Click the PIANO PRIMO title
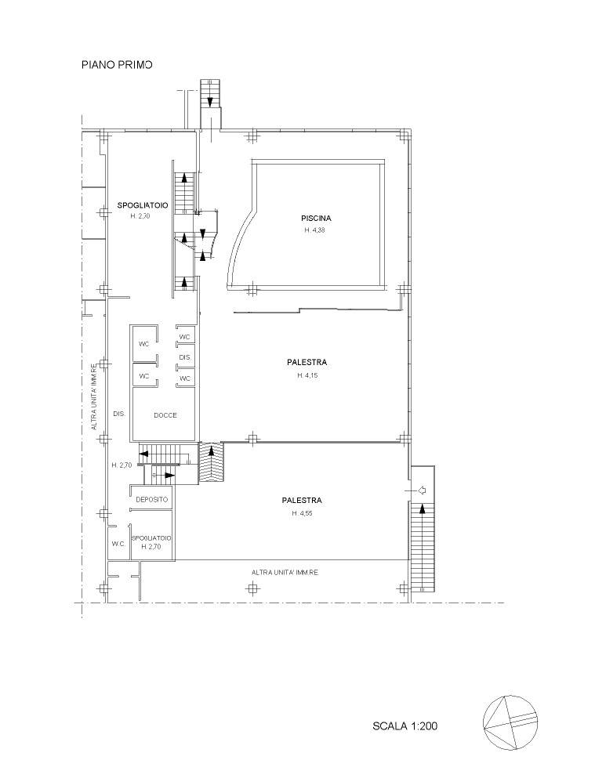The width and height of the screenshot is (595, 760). click(x=117, y=64)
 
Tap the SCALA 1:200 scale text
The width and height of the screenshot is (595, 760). click(x=405, y=726)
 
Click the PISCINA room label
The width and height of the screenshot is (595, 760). click(x=316, y=219)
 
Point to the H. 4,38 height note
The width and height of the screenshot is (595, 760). click(x=314, y=230)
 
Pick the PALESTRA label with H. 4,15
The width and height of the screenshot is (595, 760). click(x=307, y=362)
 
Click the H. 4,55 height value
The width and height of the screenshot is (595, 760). click(x=302, y=513)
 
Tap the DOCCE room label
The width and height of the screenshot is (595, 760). click(x=165, y=415)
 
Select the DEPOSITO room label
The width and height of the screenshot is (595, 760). click(x=152, y=499)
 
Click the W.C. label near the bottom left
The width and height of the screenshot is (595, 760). click(x=118, y=544)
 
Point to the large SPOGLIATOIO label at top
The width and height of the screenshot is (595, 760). click(x=143, y=205)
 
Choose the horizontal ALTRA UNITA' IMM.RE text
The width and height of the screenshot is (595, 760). click(x=285, y=573)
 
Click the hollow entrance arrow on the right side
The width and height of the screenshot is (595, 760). click(x=422, y=490)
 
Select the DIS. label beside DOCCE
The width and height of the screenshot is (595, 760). click(x=119, y=414)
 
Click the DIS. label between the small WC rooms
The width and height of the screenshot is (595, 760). click(x=185, y=358)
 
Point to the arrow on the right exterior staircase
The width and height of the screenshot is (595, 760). click(x=422, y=508)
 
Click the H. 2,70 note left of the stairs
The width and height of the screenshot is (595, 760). click(x=122, y=465)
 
